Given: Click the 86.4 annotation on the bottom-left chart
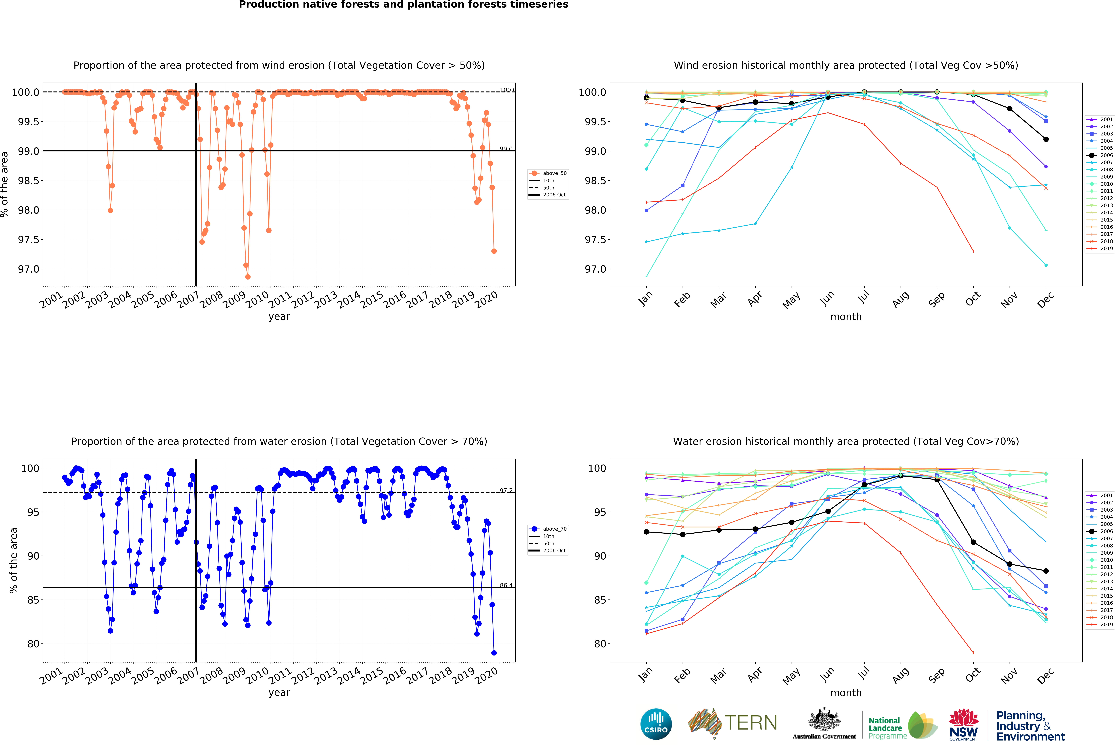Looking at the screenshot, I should [506, 585].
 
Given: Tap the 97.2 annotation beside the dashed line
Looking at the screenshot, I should [506, 491].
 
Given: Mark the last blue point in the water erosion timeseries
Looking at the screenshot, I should [494, 653].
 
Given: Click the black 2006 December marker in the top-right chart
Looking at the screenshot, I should [1046, 139].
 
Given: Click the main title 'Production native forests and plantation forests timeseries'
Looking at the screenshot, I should [404, 5].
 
